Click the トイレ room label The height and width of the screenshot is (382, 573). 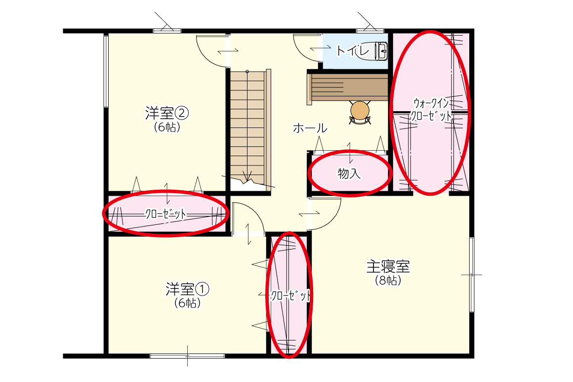coord(353,50)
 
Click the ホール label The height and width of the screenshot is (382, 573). coord(310,128)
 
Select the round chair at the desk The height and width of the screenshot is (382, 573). coord(360,111)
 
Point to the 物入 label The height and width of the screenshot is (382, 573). coord(349,173)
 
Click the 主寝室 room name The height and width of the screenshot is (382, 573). coord(388,266)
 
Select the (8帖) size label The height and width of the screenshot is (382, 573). coord(388,280)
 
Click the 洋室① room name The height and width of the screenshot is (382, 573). coord(187,289)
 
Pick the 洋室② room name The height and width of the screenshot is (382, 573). coord(166,113)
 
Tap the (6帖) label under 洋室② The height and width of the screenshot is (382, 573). coord(167,127)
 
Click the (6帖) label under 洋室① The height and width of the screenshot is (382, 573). coord(188,303)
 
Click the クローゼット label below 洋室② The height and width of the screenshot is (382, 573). coord(165,214)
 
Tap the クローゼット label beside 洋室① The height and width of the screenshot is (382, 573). coord(291,296)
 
